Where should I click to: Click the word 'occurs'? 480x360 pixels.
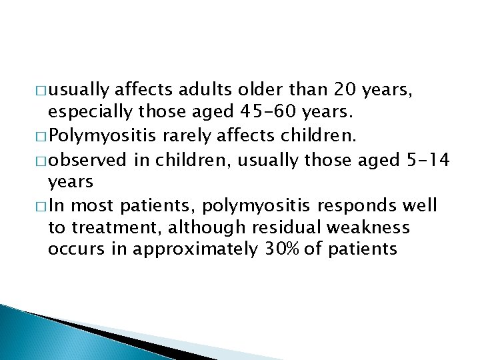[x=73, y=250]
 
